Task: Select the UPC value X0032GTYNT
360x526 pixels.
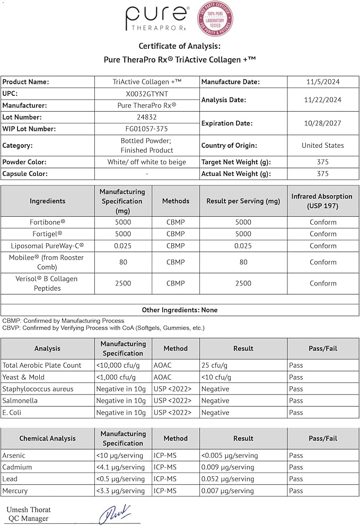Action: click(x=147, y=94)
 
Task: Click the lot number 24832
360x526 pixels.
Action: click(x=147, y=117)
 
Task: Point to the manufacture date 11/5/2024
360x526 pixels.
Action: click(x=323, y=82)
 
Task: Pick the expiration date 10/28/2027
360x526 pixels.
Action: click(x=323, y=123)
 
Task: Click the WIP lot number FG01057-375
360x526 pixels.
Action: click(x=147, y=129)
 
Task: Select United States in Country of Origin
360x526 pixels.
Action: click(x=323, y=146)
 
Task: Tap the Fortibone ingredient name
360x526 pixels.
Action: click(x=48, y=222)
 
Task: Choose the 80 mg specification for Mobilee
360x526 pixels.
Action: click(x=122, y=262)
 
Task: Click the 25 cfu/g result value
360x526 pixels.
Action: click(x=214, y=365)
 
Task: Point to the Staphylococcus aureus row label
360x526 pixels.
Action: click(x=38, y=389)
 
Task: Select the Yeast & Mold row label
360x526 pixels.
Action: click(x=23, y=377)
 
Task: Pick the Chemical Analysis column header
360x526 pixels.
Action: click(x=48, y=439)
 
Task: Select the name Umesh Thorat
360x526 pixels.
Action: click(x=29, y=510)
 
